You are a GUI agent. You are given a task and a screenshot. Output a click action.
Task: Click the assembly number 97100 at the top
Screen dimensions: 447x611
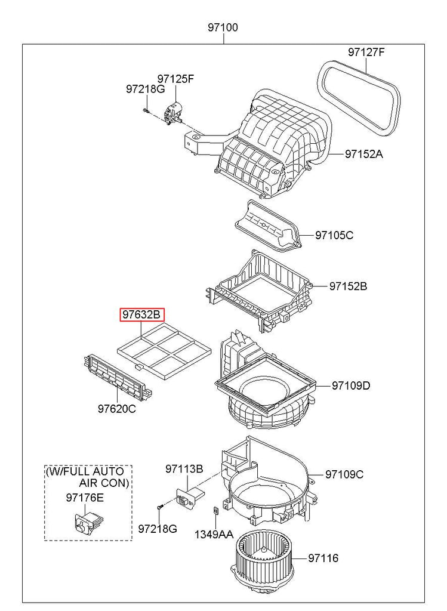click(223, 27)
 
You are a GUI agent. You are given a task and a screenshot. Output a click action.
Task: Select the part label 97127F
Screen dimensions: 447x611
click(366, 52)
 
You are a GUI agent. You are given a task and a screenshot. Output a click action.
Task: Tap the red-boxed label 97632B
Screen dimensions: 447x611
click(142, 315)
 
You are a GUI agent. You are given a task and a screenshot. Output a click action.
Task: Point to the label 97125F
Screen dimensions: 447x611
click(175, 79)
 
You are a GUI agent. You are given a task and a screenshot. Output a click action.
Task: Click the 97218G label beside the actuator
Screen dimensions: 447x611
click(146, 90)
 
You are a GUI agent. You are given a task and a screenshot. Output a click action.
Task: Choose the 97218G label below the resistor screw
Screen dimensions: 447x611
click(158, 529)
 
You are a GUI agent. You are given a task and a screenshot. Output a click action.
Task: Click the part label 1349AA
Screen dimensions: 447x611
click(214, 535)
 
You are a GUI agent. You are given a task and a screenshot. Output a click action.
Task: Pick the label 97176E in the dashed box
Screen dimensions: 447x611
click(85, 498)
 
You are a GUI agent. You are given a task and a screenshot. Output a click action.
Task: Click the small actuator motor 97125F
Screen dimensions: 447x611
click(173, 113)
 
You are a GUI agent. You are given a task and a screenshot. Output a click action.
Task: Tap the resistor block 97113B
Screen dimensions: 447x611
click(190, 498)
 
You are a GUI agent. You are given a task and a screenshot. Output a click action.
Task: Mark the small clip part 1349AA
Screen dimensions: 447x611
click(215, 511)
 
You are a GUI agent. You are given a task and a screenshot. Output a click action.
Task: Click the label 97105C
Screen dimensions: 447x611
click(334, 235)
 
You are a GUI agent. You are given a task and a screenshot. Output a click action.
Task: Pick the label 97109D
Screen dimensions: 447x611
click(351, 386)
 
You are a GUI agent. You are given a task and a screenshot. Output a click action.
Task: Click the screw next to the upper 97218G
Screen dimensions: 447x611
click(146, 111)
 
